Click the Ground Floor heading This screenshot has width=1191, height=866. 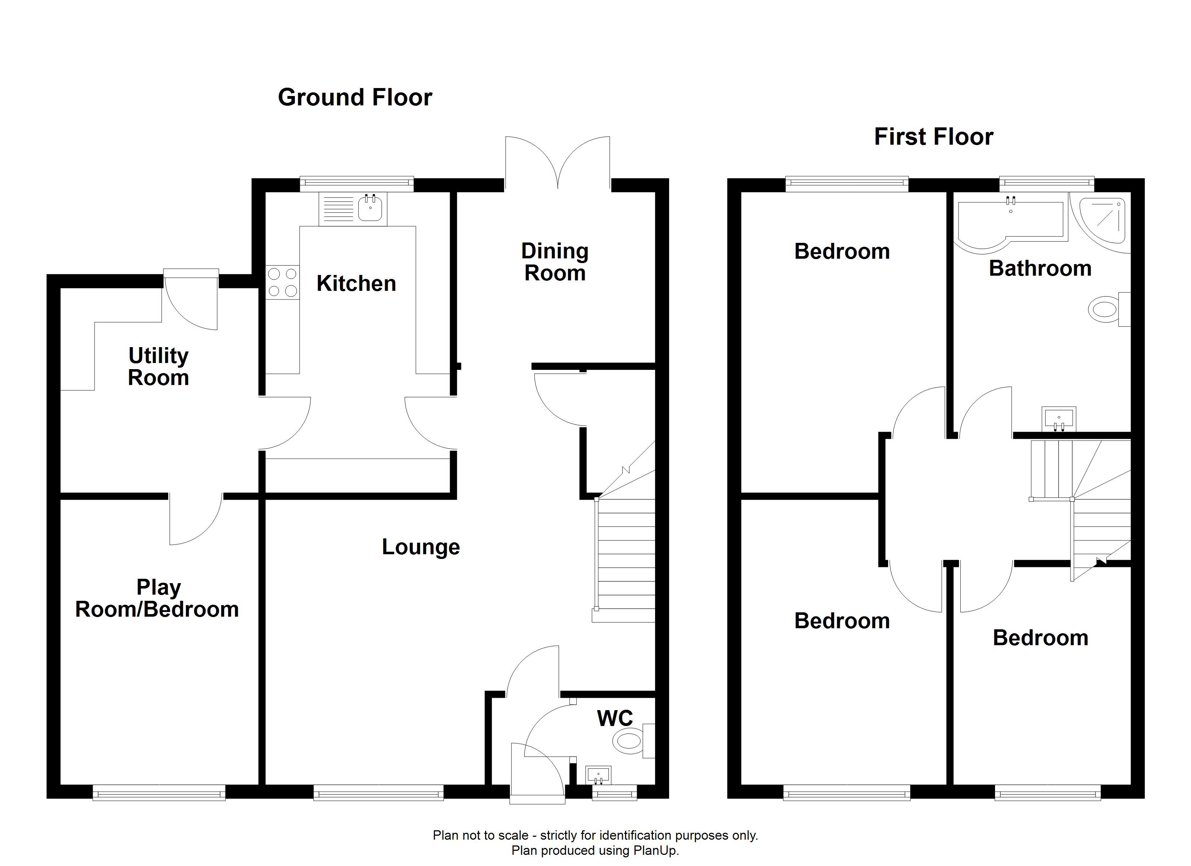point(355,98)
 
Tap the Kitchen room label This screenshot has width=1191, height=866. point(356,284)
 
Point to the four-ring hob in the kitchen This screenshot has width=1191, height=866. point(283,283)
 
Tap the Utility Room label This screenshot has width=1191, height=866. point(158,367)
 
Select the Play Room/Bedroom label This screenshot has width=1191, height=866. point(157,598)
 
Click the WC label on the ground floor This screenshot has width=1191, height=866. point(615,718)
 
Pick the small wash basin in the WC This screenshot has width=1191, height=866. point(598,775)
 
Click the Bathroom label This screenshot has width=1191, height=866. point(1040,268)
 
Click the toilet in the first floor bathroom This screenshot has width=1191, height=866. point(1109,309)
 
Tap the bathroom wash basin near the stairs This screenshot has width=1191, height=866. point(1059,419)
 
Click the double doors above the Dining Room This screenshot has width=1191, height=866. point(558,162)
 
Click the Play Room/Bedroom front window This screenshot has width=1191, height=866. point(159,792)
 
